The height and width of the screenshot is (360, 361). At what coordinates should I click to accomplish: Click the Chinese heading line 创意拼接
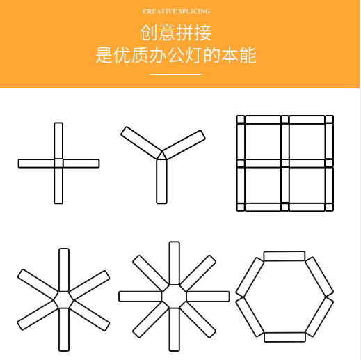pyautogui.click(x=176, y=33)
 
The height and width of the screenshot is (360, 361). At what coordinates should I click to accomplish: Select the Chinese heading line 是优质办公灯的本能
pyautogui.click(x=176, y=55)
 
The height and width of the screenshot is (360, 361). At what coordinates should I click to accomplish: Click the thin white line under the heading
pyautogui.click(x=176, y=74)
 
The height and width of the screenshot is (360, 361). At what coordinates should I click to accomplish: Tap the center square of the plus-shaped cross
pyautogui.click(x=58, y=163)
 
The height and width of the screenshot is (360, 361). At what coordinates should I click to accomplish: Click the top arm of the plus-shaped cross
pyautogui.click(x=58, y=141)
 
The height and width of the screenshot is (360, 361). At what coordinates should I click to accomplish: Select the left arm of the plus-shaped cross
pyautogui.click(x=36, y=164)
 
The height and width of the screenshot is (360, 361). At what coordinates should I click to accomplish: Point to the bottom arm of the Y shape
pyautogui.click(x=161, y=181)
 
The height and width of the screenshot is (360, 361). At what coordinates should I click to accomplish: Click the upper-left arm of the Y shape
pyautogui.click(x=141, y=143)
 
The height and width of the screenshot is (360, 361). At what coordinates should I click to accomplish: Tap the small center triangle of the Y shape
pyautogui.click(x=162, y=155)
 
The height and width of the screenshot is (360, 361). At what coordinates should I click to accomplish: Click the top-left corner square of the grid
pyautogui.click(x=241, y=119)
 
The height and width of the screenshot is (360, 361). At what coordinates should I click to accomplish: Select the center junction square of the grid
pyautogui.click(x=284, y=163)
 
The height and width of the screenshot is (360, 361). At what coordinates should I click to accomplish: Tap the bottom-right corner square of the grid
pyautogui.click(x=329, y=207)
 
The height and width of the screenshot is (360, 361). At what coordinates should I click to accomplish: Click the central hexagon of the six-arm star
pyautogui.click(x=64, y=299)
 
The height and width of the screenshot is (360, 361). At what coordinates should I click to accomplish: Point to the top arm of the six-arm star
pyautogui.click(x=64, y=270)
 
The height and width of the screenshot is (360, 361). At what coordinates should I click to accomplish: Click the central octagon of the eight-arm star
pyautogui.click(x=174, y=297)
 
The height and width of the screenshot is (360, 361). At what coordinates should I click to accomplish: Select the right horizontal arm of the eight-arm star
pyautogui.click(x=208, y=297)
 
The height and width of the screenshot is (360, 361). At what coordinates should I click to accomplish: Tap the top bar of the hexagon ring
pyautogui.click(x=284, y=256)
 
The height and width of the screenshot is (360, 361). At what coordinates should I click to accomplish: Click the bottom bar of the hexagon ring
pyautogui.click(x=284, y=337)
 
